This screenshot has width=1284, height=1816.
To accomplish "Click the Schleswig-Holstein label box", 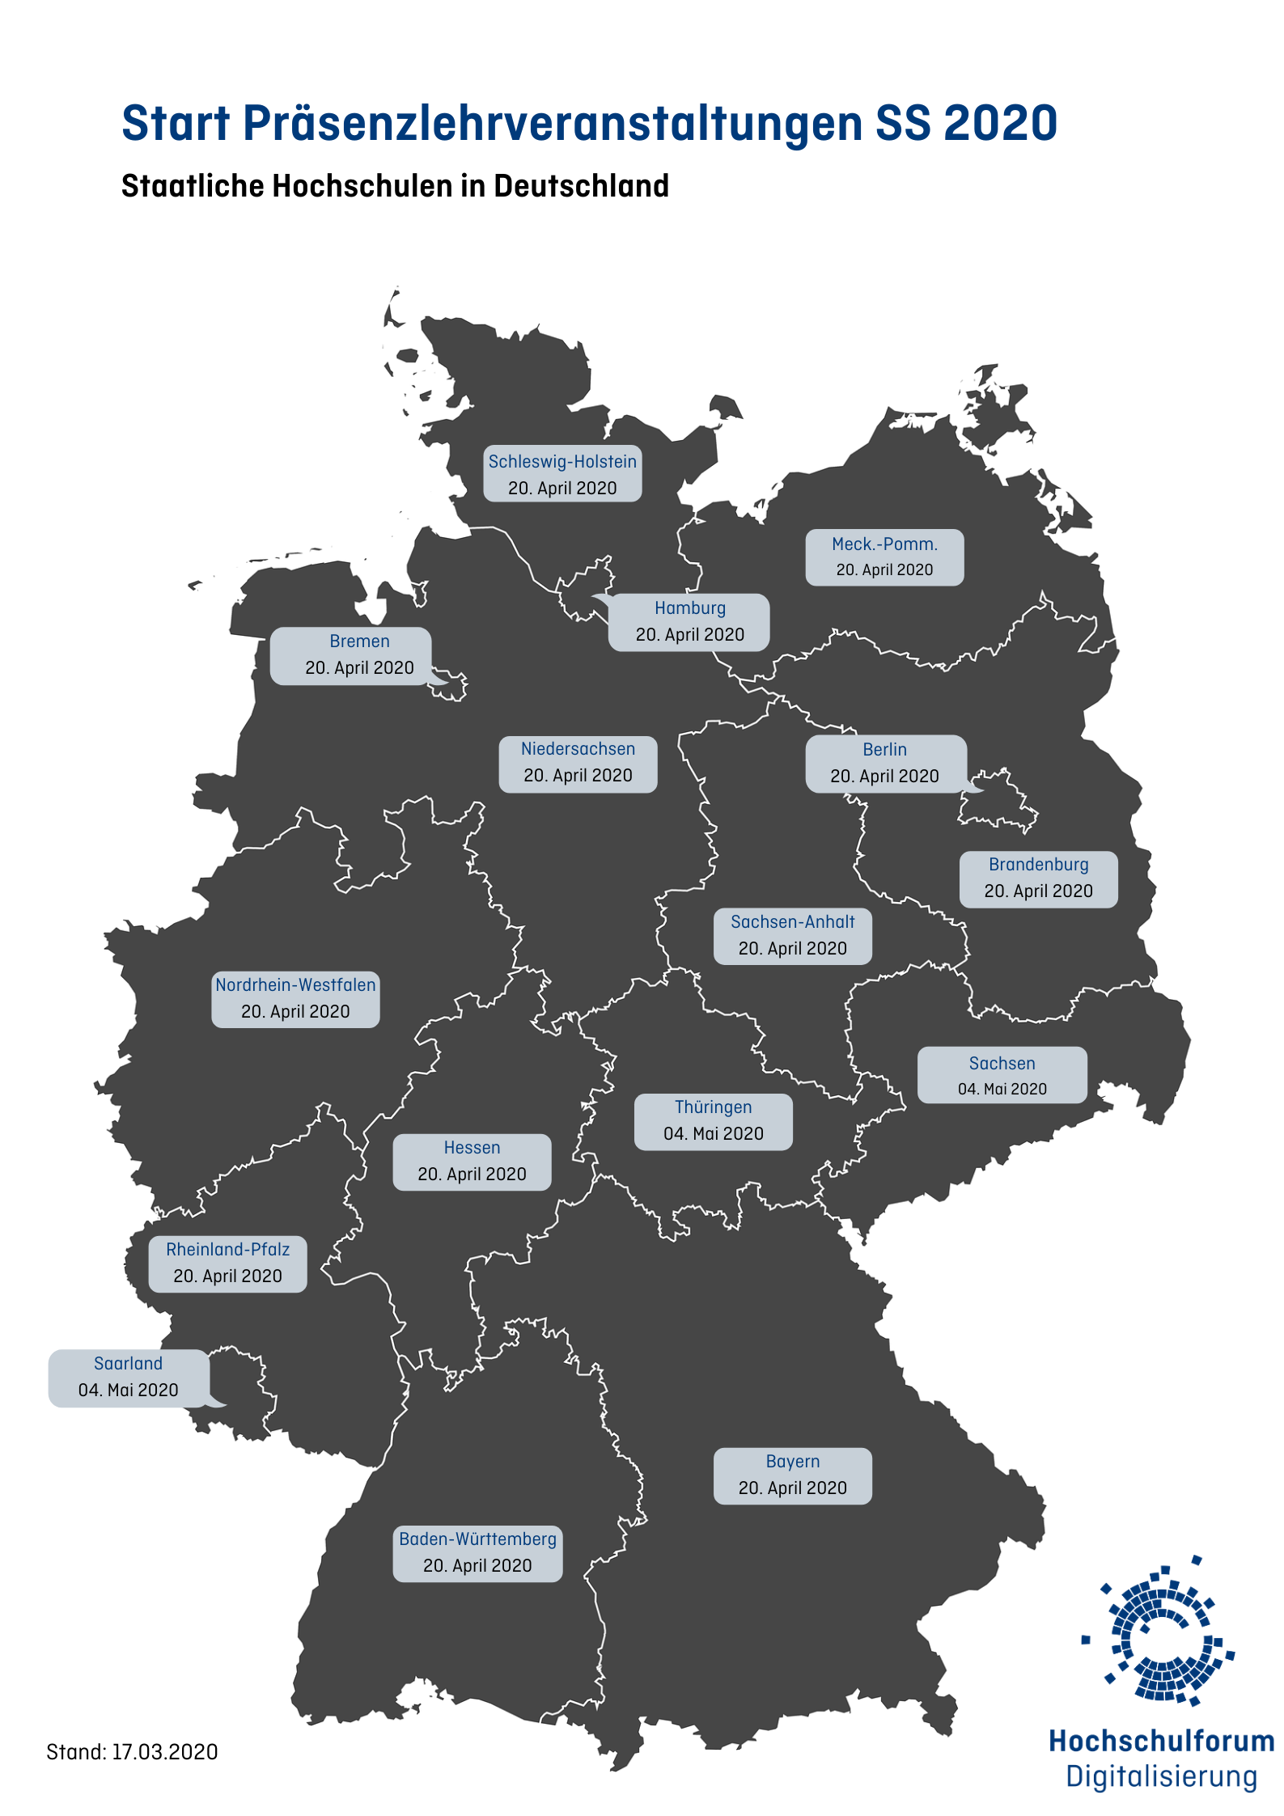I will pyautogui.click(x=562, y=474).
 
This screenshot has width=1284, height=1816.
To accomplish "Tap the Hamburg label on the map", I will pyautogui.click(x=689, y=621).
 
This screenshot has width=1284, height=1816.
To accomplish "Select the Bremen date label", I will pyautogui.click(x=359, y=655).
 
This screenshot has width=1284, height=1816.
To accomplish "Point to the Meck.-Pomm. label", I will pyautogui.click(x=884, y=557).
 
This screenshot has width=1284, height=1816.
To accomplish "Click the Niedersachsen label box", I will pyautogui.click(x=578, y=763).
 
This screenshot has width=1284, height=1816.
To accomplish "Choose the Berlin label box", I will pyautogui.click(x=885, y=763).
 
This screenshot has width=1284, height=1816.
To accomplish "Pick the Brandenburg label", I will pyautogui.click(x=1038, y=878).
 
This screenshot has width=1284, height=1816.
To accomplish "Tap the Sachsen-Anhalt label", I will pyautogui.click(x=792, y=935).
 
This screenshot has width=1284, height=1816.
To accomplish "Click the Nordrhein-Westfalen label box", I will pyautogui.click(x=295, y=998).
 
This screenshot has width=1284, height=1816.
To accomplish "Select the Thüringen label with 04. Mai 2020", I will pyautogui.click(x=713, y=1121).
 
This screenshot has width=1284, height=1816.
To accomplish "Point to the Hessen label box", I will pyautogui.click(x=472, y=1161).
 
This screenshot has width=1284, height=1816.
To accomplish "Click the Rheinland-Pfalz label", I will pyautogui.click(x=227, y=1263).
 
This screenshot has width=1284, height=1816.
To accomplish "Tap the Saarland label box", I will pyautogui.click(x=129, y=1377).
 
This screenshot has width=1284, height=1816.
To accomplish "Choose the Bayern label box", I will pyautogui.click(x=792, y=1475).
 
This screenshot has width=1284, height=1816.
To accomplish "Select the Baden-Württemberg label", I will pyautogui.click(x=477, y=1552).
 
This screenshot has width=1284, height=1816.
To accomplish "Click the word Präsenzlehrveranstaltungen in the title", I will pyautogui.click(x=552, y=123).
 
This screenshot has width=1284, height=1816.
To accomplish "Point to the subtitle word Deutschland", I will pyautogui.click(x=581, y=186).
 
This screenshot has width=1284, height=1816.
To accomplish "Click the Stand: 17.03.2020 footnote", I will pyautogui.click(x=132, y=1751).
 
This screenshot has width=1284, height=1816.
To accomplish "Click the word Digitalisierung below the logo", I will pyautogui.click(x=1161, y=1776).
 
